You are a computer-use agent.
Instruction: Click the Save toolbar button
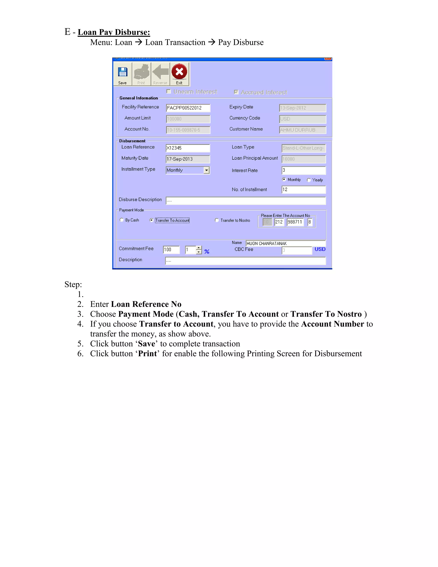click(123, 74)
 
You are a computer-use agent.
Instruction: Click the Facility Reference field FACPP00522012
click(188, 108)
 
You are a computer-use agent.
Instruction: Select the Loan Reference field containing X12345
click(187, 148)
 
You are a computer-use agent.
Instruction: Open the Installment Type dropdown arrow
click(207, 170)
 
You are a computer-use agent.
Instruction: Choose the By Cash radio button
click(122, 220)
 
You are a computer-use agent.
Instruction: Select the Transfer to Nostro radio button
click(217, 220)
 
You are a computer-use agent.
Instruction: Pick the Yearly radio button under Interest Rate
click(309, 180)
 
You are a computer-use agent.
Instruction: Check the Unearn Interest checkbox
click(169, 91)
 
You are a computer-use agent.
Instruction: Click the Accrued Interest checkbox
click(236, 92)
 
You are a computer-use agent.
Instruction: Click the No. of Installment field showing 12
click(303, 190)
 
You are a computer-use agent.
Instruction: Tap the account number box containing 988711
click(295, 222)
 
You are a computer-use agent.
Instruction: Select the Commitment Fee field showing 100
click(171, 249)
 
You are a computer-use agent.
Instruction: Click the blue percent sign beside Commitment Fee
click(207, 251)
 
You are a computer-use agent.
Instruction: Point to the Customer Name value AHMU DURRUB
click(302, 130)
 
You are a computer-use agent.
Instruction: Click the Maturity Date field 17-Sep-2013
click(187, 159)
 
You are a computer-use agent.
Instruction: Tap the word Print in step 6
click(147, 354)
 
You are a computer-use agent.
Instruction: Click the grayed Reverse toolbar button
click(160, 74)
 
